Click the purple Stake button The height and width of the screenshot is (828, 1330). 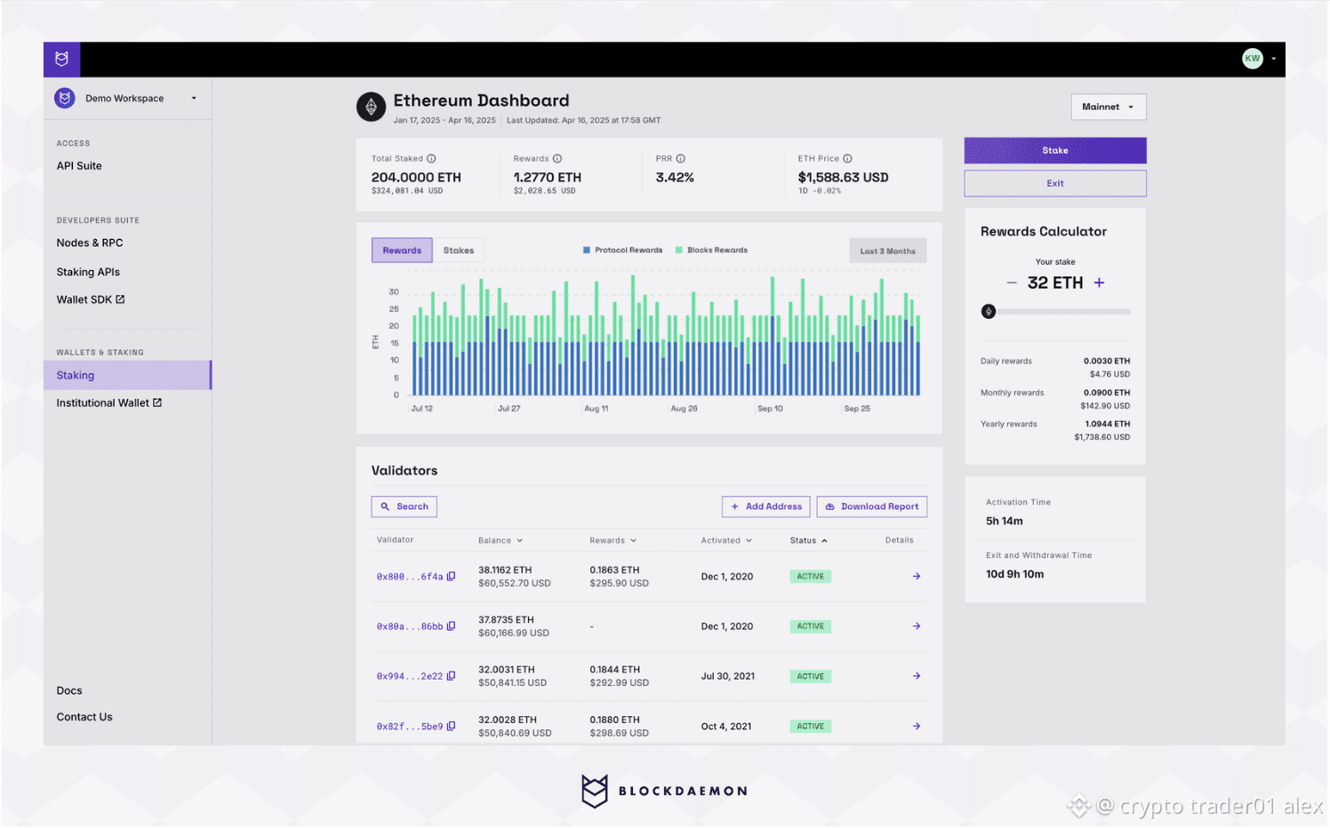point(1054,150)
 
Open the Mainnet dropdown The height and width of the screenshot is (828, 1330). point(1108,107)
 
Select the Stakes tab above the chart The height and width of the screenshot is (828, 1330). point(459,251)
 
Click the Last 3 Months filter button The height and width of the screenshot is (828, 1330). point(887,251)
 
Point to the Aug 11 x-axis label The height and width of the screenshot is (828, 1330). point(596,409)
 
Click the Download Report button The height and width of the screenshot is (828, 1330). point(871,506)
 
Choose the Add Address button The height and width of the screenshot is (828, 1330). point(765,506)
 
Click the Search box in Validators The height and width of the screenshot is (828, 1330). point(404,506)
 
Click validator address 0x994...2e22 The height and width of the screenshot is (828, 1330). point(409,676)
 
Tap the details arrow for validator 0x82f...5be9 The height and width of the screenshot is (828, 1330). point(917,726)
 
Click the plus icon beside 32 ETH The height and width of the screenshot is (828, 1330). point(1100,283)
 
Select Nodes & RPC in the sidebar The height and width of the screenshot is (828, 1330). point(90,243)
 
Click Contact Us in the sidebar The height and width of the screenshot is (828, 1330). point(84,717)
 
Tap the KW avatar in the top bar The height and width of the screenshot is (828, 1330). point(1253,59)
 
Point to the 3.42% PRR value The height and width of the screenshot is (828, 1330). point(675,178)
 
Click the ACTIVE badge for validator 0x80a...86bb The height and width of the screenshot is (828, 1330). point(810,626)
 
